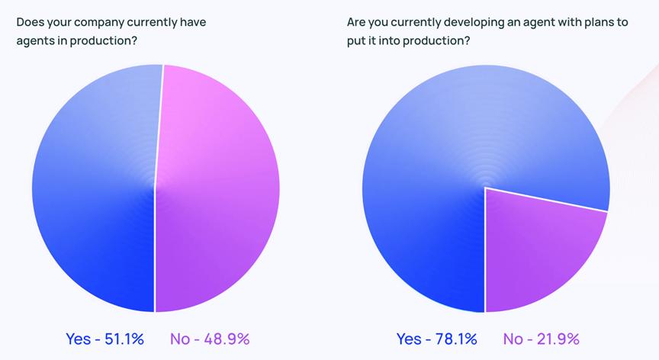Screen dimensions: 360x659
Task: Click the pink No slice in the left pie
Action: coord(217,187)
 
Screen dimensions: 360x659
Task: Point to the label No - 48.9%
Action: coord(210,339)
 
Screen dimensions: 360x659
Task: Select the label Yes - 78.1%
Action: coord(437,339)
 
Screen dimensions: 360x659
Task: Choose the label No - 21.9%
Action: coord(542,339)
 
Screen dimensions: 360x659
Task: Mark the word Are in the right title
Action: coord(356,22)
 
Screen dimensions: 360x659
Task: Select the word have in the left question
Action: coord(192,22)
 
